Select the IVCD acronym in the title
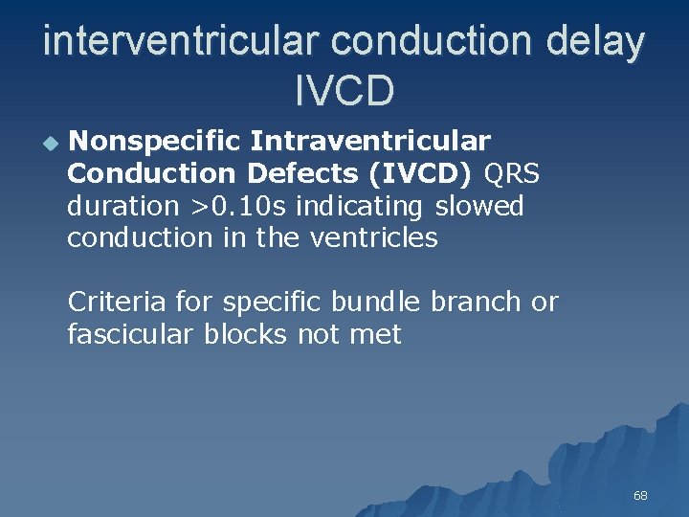(344, 91)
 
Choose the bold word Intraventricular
(370, 142)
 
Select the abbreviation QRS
(512, 174)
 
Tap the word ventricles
(373, 237)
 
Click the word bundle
(375, 303)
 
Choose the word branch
(476, 303)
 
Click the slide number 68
(640, 496)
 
